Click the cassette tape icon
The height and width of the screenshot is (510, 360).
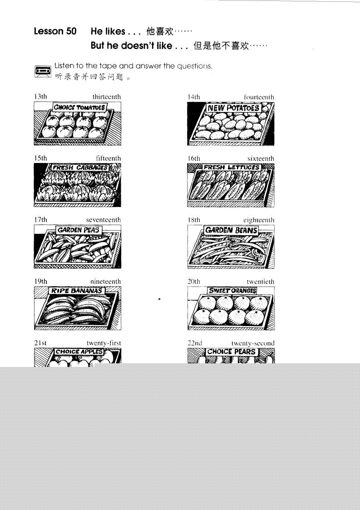tap(43, 71)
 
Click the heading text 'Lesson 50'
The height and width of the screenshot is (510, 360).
tap(55, 31)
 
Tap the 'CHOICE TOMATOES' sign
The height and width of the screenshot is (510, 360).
tap(79, 107)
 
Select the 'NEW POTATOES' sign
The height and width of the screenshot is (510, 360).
tap(233, 108)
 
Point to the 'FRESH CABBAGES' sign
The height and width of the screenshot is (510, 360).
tap(80, 168)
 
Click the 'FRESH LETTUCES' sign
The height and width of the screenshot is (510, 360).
tap(231, 167)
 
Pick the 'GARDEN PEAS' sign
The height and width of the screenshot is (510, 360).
tap(79, 230)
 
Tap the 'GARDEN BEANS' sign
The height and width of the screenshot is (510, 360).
tap(231, 230)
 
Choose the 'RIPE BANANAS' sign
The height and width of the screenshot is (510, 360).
tap(77, 291)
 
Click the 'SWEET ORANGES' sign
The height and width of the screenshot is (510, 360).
tap(232, 291)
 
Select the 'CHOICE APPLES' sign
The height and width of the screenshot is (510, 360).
tap(79, 352)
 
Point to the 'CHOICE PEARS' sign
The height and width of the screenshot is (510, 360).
tap(231, 352)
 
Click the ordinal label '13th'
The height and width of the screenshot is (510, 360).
tap(40, 97)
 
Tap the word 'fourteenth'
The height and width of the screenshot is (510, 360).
tap(259, 97)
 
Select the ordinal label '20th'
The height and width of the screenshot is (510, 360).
tap(194, 282)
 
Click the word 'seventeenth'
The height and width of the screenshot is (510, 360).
tap(104, 220)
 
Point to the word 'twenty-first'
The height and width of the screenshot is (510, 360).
tap(104, 343)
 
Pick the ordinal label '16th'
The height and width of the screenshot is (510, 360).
tap(194, 158)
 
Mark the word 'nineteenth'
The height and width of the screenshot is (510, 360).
tap(105, 282)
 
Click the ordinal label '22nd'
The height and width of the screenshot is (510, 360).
tap(195, 343)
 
